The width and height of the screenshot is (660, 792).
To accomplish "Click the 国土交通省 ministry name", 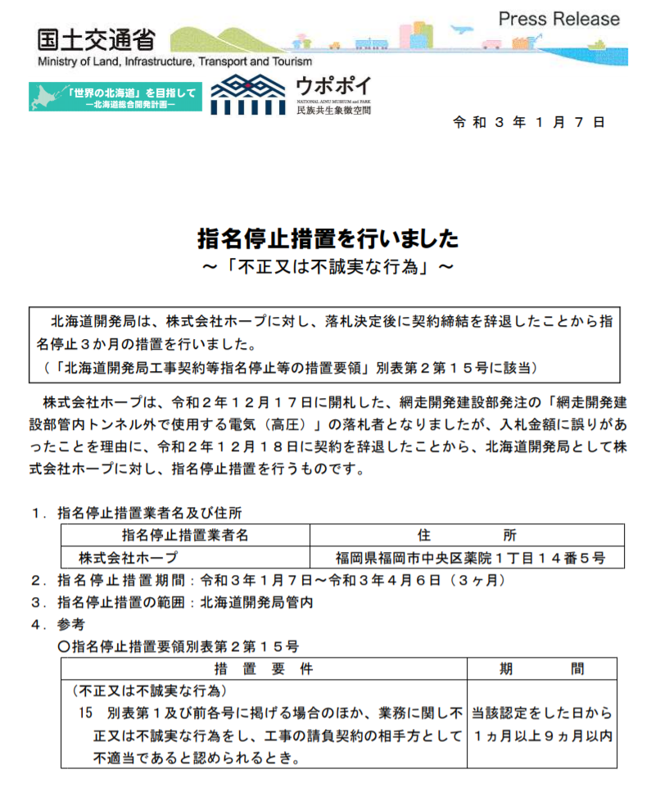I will click(x=95, y=40).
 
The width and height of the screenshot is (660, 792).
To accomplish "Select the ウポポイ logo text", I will click(x=332, y=86).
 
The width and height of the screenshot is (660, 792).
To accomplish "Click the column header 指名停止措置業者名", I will click(x=185, y=536).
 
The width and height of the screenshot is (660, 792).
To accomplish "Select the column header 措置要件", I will click(x=263, y=669).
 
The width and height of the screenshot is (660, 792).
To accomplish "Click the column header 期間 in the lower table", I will click(x=541, y=669).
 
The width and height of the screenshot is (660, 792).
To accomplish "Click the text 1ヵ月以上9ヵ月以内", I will click(x=541, y=735).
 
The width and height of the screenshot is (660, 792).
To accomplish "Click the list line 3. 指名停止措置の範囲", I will click(x=172, y=602).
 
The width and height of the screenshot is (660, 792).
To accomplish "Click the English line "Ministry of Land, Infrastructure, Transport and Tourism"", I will click(x=174, y=62).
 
